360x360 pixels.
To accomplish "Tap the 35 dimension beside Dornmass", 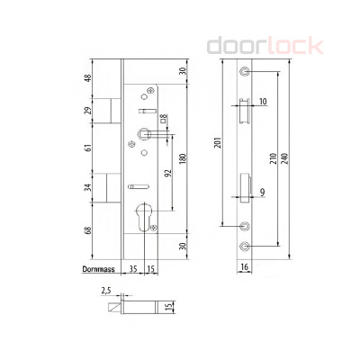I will click(x=131, y=267).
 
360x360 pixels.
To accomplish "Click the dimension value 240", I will click(x=287, y=161).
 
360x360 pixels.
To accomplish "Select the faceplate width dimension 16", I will click(x=244, y=267).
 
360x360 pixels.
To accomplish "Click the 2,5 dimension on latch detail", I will click(x=106, y=290).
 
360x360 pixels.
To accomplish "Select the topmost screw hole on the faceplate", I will click(x=244, y=72).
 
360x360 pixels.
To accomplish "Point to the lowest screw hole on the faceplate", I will click(x=244, y=245).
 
